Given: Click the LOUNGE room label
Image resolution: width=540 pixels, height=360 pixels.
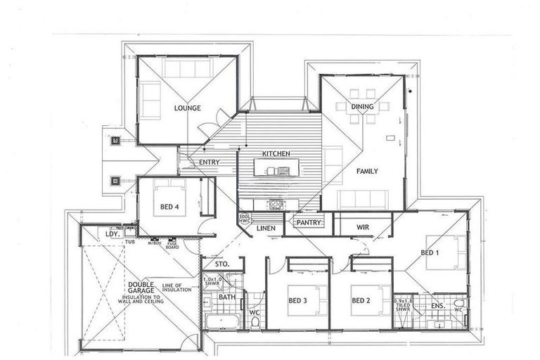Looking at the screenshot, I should pos(188,108).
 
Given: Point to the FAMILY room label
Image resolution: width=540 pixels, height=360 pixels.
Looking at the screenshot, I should pos(366,171).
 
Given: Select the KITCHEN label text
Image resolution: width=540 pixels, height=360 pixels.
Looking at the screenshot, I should pos(276,153).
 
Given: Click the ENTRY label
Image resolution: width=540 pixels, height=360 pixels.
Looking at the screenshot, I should pos(209,162).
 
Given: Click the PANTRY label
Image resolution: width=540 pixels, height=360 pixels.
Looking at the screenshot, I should pos(309,223).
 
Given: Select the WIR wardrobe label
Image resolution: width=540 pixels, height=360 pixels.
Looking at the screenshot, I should pos(363,226).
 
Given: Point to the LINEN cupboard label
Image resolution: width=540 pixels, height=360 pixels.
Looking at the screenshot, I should pos(265,229).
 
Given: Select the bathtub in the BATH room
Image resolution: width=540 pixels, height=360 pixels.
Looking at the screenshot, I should pos(222,323).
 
